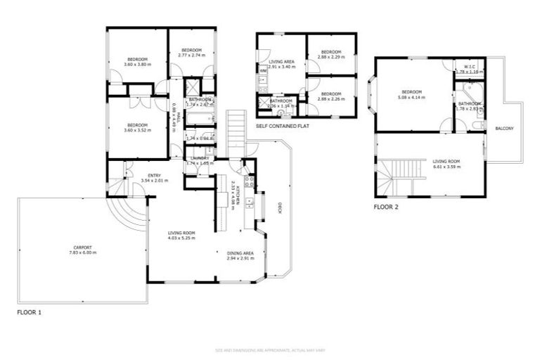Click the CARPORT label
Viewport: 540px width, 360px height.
[x=83, y=247]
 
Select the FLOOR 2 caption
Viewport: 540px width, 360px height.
[x=386, y=207]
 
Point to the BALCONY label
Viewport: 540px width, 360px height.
[x=504, y=128]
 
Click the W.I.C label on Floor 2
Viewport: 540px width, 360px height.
[x=465, y=67]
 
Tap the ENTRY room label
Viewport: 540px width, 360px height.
[x=155, y=175]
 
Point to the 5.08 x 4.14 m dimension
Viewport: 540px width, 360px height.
[x=411, y=98]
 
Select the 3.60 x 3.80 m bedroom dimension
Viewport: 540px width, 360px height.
[x=137, y=65]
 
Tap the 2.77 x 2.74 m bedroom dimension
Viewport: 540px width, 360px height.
[x=191, y=55]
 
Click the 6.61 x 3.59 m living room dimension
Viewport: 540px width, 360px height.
[x=446, y=167]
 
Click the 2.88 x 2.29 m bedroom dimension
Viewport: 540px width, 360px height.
[x=330, y=57]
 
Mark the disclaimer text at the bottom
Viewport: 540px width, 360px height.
[x=269, y=349]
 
